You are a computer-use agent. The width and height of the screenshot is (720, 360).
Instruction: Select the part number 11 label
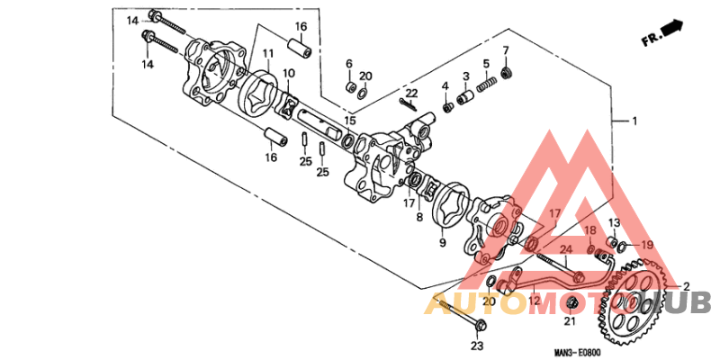tap(268, 56)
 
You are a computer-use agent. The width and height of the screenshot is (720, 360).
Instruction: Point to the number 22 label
tap(411, 93)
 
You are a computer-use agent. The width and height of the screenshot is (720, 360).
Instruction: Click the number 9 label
tap(443, 242)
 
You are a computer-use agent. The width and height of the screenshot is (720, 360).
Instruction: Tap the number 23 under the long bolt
tap(477, 346)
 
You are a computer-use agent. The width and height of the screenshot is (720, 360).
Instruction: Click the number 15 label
tap(350, 120)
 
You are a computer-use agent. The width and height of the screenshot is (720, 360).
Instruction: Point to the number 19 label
tap(647, 245)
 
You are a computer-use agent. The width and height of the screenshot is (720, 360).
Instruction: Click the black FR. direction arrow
tap(672, 31)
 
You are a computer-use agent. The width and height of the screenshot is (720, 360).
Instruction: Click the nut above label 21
tap(570, 301)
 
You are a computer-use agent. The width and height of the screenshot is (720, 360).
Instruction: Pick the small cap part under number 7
tap(506, 70)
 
